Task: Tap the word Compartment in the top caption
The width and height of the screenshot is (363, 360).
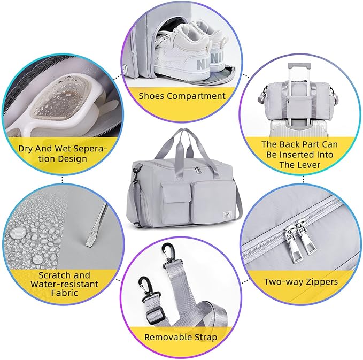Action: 196,96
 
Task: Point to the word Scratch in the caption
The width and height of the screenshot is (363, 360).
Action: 52,275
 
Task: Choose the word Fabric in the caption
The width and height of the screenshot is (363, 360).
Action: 64,293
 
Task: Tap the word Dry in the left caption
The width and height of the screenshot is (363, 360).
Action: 26,149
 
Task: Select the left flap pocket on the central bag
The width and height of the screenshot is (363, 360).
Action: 176,202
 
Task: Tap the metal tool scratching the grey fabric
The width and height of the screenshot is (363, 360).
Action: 97,225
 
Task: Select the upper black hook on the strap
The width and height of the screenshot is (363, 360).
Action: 168,253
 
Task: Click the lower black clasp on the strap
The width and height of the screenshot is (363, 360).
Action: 146,288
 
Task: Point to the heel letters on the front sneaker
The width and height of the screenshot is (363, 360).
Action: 202,64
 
